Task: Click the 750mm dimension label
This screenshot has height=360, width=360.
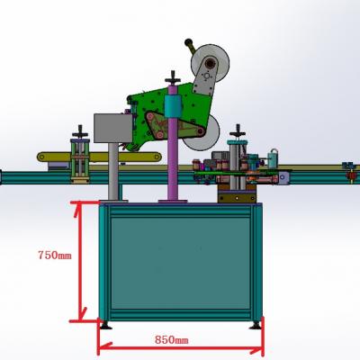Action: click(55, 255)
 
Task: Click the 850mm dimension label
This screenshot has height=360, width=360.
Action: click(172, 340)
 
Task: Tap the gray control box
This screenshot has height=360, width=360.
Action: click(113, 128)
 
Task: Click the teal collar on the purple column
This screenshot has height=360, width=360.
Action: click(173, 106)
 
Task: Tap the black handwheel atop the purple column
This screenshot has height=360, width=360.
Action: click(173, 78)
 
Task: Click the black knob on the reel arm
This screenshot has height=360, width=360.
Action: click(188, 42)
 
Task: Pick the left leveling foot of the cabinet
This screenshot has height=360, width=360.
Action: click(105, 325)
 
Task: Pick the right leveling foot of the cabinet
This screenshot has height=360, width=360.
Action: click(256, 325)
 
